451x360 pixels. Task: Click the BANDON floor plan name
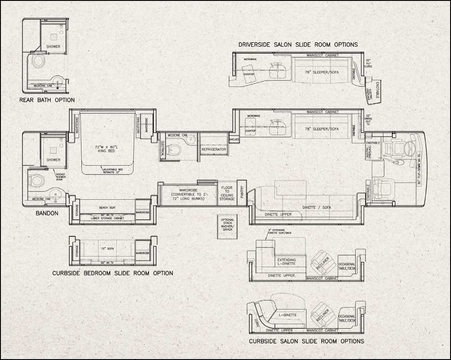[47, 213]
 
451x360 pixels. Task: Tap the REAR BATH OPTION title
[47, 100]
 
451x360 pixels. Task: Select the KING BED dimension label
[108, 149]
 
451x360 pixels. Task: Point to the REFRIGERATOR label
[214, 150]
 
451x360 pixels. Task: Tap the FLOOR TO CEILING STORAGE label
[227, 193]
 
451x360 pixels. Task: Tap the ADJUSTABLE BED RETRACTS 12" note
[108, 171]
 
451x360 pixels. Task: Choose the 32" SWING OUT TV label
[368, 120]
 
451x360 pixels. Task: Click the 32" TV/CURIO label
[368, 63]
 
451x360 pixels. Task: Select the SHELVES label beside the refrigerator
[234, 140]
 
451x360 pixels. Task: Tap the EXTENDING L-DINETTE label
[286, 262]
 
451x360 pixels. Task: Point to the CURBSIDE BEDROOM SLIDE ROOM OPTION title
[112, 273]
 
